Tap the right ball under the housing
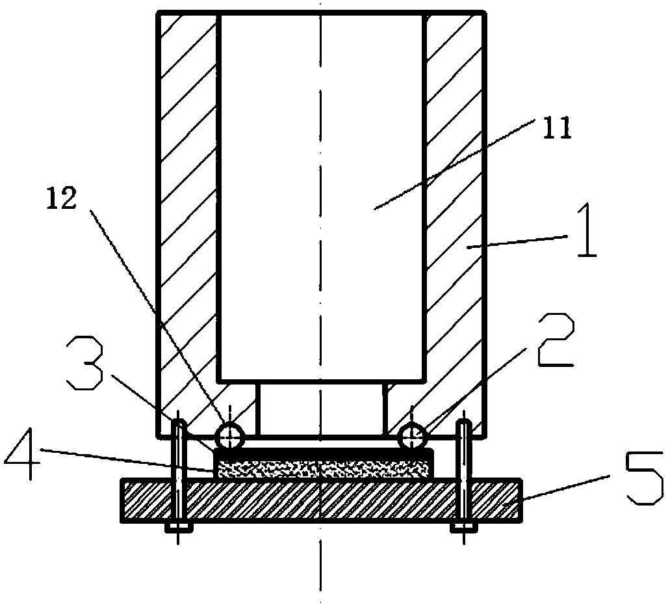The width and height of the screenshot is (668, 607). click(413, 435)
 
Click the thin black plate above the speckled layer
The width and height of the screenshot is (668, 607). click(322, 451)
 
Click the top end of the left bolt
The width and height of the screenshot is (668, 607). click(177, 424)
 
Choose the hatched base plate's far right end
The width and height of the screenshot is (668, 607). click(510, 500)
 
